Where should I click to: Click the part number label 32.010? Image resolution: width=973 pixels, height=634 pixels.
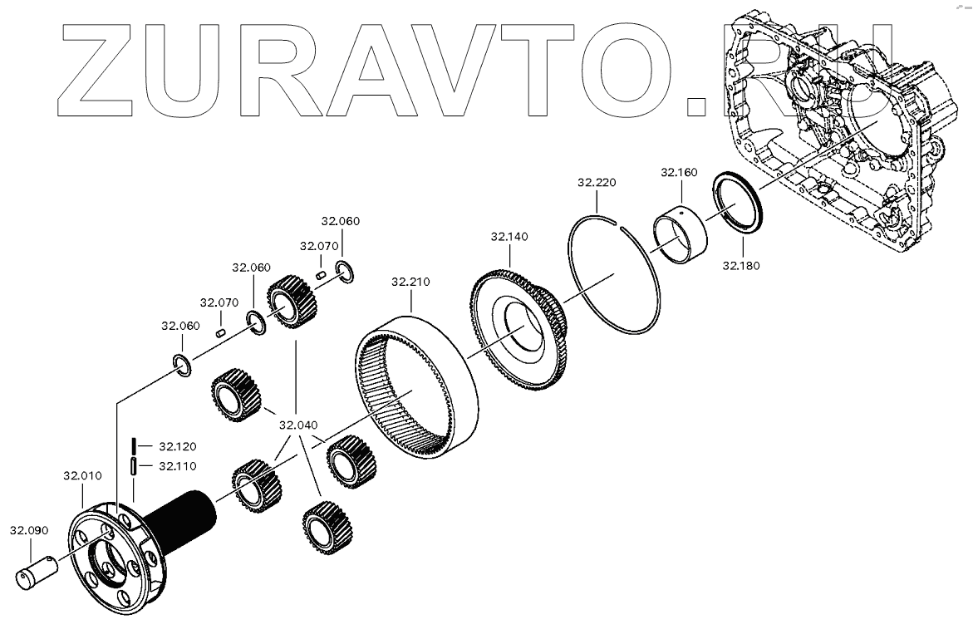point(82,476)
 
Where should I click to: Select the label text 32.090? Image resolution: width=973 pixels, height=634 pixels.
point(29,529)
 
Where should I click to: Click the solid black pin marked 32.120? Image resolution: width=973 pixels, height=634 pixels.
point(132,445)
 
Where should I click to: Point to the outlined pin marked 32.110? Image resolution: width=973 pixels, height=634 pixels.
point(132,466)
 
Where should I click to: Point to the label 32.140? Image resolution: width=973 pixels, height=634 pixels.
point(509,237)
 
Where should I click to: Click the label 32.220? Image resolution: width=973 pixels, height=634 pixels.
point(597,182)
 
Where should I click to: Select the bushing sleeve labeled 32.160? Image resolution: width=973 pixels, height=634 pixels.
point(680,236)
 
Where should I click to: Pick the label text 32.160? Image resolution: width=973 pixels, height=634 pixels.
point(679,173)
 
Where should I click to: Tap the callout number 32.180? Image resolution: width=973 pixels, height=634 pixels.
point(741,266)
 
